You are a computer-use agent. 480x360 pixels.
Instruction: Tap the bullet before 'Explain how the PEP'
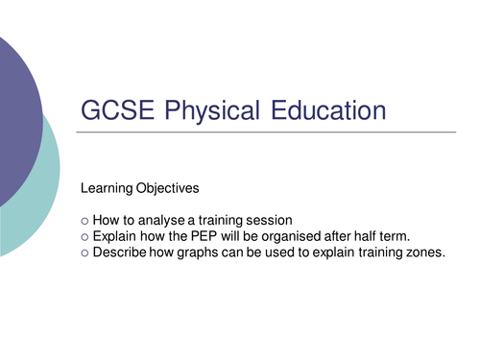pos(84,236)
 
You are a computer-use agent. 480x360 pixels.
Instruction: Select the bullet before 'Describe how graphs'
pos(84,252)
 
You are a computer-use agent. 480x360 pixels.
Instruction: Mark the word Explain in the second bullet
pos(117,236)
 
